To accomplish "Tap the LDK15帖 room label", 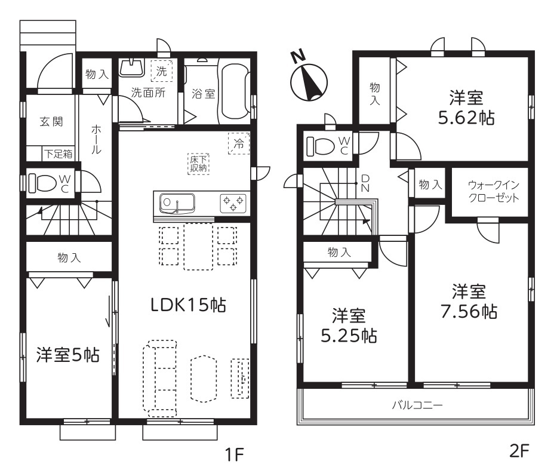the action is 188,305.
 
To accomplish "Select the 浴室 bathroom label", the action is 203,94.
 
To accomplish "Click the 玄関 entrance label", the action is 51,122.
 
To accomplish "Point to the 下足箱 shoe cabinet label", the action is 59,154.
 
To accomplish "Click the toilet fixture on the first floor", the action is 42,183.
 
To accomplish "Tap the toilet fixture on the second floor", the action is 321,146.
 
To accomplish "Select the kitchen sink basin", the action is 177,203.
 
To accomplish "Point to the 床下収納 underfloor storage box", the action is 198,164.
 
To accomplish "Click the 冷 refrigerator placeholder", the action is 239,143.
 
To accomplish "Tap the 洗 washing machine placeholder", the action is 161,71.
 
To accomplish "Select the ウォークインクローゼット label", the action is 494,191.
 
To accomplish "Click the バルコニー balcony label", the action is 417,405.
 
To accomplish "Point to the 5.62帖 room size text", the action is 466,118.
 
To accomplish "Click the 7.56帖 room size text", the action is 469,312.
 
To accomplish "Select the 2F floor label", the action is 519,451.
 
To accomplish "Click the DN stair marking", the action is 365,183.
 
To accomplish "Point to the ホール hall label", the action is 96,139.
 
